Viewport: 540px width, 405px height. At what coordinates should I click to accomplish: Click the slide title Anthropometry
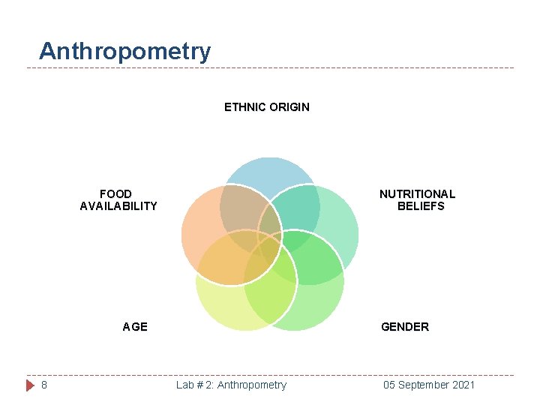(x=124, y=52)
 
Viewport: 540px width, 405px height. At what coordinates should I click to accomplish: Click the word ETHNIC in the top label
(x=244, y=107)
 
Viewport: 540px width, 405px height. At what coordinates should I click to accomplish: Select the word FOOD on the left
(x=115, y=194)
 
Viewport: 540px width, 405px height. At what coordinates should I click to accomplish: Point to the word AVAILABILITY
(x=118, y=206)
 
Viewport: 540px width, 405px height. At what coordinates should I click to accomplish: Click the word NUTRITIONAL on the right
(x=417, y=194)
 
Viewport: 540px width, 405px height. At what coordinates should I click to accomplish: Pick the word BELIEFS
(x=421, y=206)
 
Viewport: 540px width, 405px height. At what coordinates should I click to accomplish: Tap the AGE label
(x=135, y=327)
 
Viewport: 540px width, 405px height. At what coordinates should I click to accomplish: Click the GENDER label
(x=405, y=327)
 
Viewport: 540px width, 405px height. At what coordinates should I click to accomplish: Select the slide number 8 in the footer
(x=44, y=385)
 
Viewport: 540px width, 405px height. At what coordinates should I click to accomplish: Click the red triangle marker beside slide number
(x=30, y=385)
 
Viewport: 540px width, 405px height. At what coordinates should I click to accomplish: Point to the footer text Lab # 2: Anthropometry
(x=231, y=385)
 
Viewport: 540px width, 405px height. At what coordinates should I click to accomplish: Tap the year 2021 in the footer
(x=463, y=385)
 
